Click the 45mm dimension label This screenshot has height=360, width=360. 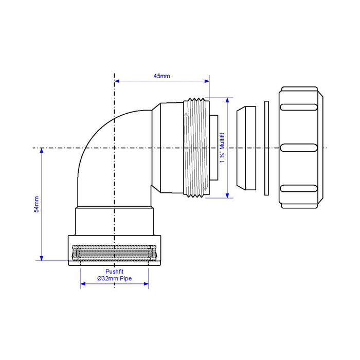point(161,76)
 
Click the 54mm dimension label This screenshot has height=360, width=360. point(37,204)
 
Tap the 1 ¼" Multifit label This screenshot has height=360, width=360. point(222,148)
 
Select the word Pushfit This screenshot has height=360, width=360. point(114,272)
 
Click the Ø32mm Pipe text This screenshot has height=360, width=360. point(114,279)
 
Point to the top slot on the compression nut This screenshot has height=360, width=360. point(299,107)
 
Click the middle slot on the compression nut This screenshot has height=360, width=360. point(299,148)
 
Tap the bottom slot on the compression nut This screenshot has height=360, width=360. point(299,189)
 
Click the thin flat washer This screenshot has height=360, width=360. point(266,148)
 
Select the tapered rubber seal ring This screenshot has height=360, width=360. point(246,148)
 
